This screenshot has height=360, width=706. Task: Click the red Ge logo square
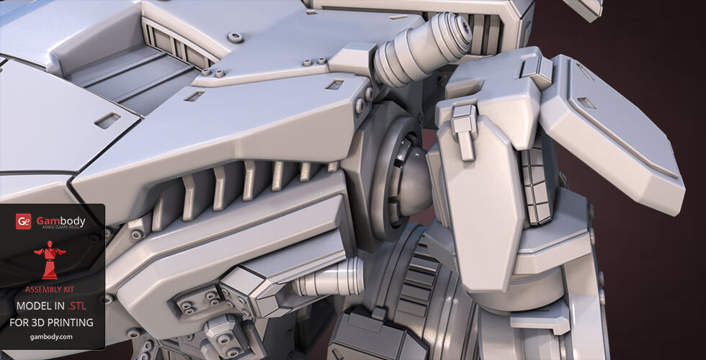[23, 222]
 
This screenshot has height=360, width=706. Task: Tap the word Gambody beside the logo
[61, 220]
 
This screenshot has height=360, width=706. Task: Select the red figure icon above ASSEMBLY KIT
[50, 260]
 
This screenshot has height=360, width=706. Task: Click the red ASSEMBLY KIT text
[50, 289]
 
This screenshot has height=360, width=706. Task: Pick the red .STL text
[76, 306]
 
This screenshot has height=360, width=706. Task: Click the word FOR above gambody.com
[18, 323]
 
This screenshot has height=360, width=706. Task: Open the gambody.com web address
[51, 337]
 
